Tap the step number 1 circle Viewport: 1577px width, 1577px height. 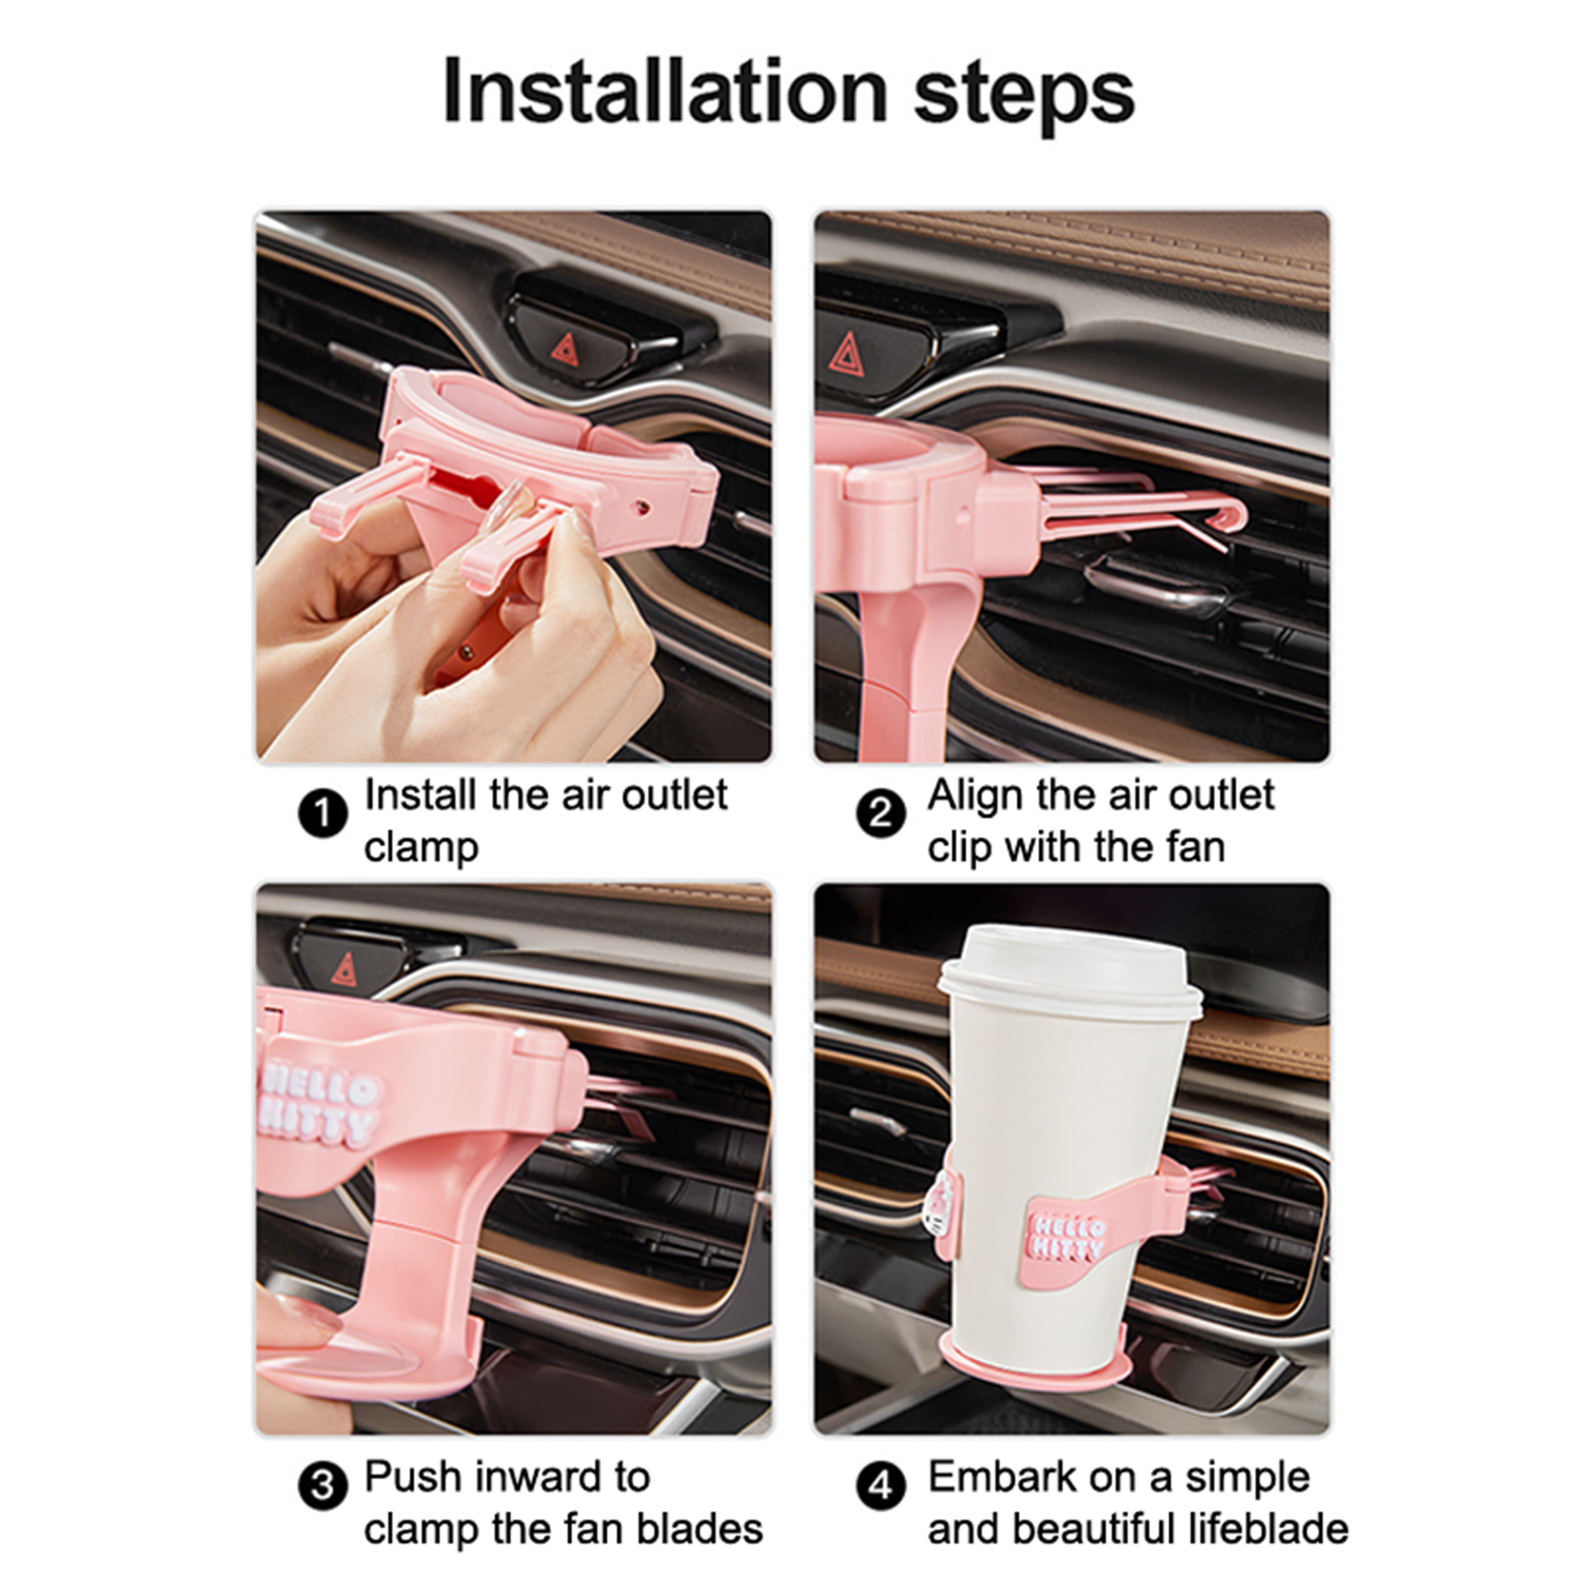tap(322, 815)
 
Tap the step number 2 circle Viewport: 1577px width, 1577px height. tap(880, 815)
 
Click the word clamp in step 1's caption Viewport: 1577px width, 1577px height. tap(421, 848)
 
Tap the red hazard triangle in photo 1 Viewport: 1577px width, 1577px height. tap(565, 349)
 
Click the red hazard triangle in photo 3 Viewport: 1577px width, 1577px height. tap(344, 970)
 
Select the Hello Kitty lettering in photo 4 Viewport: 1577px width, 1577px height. tap(1067, 1236)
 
